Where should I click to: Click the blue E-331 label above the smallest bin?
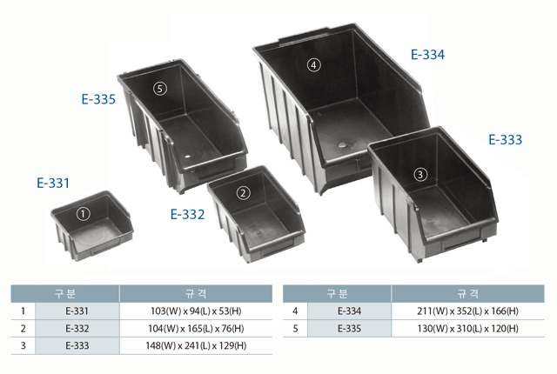click(53, 184)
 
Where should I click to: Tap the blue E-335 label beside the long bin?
click(98, 99)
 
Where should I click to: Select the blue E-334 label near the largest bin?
click(427, 55)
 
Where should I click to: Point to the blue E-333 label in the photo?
click(505, 139)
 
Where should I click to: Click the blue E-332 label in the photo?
click(188, 214)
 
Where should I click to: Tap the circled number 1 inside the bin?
click(84, 214)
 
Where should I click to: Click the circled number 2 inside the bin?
click(244, 193)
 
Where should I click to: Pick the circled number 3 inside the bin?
click(420, 175)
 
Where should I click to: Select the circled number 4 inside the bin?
click(313, 65)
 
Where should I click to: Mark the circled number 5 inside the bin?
click(160, 89)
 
